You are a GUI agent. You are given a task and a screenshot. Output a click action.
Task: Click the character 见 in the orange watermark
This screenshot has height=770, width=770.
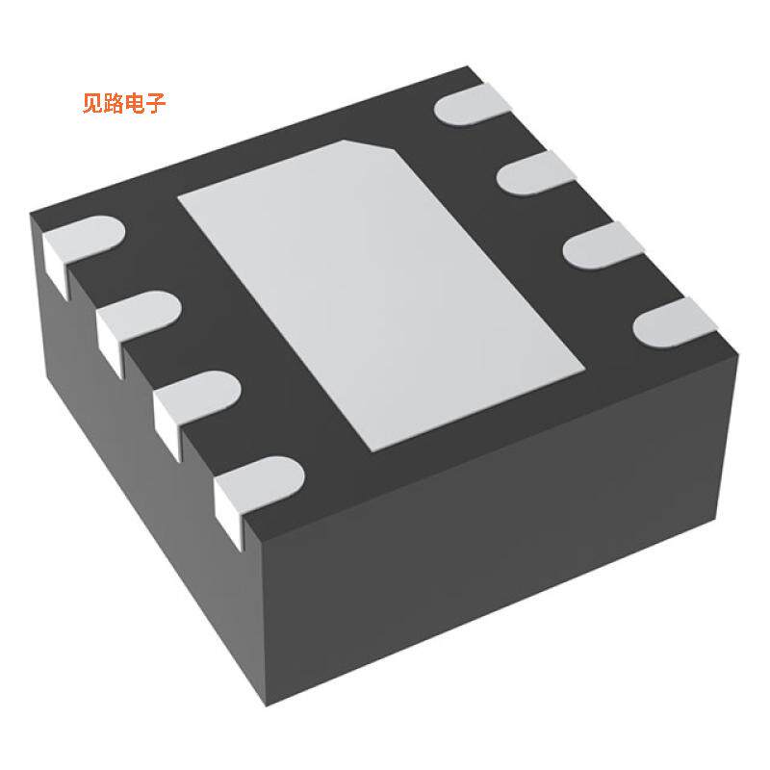pyautogui.click(x=93, y=104)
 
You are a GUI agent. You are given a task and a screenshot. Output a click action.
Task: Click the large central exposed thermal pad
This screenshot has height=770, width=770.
pyautogui.click(x=385, y=289)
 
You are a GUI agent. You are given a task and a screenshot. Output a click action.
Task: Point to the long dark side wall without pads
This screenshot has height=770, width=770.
pyautogui.click(x=500, y=539)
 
